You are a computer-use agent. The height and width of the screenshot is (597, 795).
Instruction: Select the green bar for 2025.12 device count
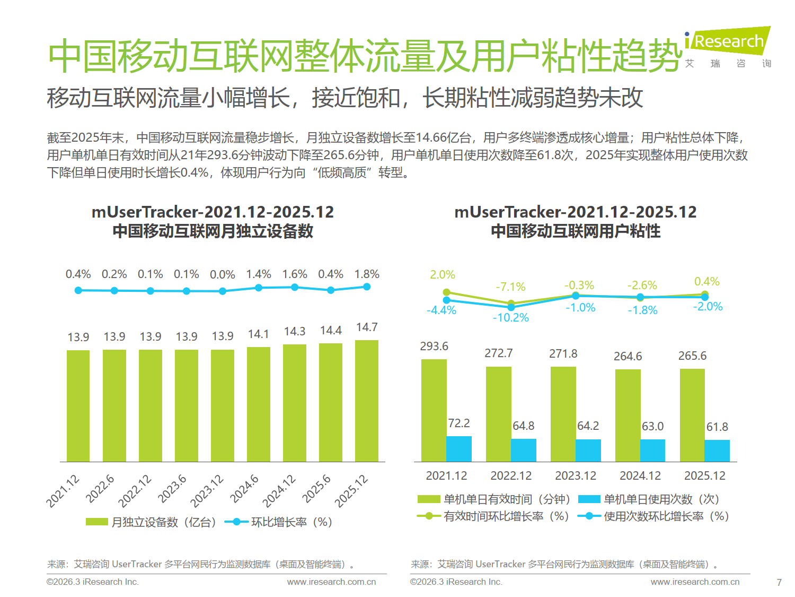367,401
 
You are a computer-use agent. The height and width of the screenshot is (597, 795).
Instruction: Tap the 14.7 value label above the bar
367,327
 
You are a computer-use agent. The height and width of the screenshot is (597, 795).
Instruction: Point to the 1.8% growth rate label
367,274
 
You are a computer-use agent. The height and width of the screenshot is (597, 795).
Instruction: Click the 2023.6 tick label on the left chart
173,489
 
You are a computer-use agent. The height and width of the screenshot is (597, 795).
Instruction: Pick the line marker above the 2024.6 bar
259,288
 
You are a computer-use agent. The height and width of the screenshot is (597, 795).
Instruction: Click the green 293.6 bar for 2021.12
434,410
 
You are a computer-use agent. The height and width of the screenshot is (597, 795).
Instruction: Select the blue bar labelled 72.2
459,449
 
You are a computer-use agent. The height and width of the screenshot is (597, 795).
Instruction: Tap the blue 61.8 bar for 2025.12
717,451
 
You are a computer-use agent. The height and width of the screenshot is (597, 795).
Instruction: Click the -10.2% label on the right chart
511,318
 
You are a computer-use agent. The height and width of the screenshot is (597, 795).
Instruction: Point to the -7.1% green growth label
511,287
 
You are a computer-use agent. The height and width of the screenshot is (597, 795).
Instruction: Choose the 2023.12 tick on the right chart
576,476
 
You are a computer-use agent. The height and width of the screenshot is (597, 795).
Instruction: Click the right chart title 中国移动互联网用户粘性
576,231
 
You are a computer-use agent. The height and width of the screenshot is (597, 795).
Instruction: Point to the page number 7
779,582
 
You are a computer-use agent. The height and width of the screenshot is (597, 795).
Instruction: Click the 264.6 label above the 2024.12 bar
628,356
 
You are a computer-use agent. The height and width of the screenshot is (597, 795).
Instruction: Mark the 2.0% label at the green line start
443,275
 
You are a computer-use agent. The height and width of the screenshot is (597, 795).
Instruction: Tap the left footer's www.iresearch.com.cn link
331,582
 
